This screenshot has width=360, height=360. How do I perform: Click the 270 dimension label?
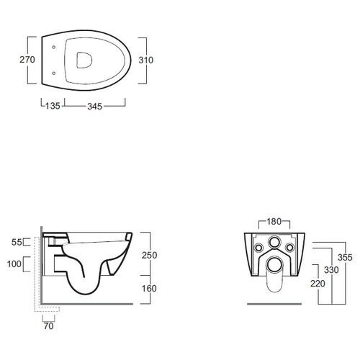pyautogui.click(x=27, y=60)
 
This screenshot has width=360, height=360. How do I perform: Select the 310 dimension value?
pyautogui.click(x=146, y=60)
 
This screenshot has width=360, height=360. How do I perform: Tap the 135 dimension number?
pyautogui.click(x=53, y=106)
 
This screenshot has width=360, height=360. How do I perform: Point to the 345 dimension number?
pyautogui.click(x=95, y=107)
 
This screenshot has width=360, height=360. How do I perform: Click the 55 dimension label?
pyautogui.click(x=17, y=242)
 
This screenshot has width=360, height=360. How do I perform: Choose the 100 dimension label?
pyautogui.click(x=14, y=264)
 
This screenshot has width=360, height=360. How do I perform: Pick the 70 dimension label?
pyautogui.click(x=48, y=326)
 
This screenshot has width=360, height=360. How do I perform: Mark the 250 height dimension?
pyautogui.click(x=149, y=255)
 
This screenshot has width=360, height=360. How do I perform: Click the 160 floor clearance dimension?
pyautogui.click(x=149, y=288)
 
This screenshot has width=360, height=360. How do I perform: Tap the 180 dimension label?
pyautogui.click(x=274, y=221)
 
